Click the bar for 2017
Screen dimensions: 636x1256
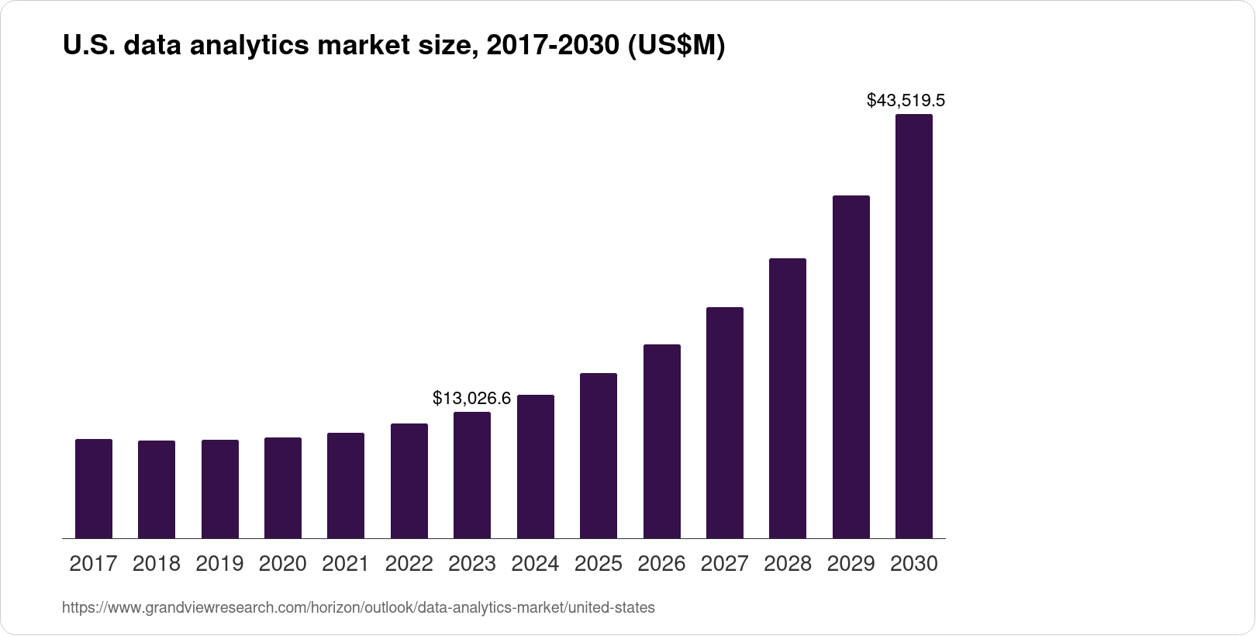click(x=94, y=489)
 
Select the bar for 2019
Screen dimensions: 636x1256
click(x=220, y=489)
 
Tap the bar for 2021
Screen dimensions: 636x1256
click(x=346, y=486)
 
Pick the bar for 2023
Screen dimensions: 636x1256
click(x=472, y=475)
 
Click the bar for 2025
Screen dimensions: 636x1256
click(x=599, y=456)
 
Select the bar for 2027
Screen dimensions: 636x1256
click(x=725, y=423)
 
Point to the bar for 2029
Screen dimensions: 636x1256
click(x=851, y=367)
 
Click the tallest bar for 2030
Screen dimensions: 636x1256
click(x=914, y=326)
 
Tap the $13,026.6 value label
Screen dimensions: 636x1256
click(x=471, y=399)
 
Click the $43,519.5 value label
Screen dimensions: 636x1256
click(x=906, y=101)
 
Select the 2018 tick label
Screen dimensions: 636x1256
click(x=157, y=564)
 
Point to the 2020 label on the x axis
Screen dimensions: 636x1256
click(x=283, y=564)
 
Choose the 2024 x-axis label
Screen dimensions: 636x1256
click(x=535, y=564)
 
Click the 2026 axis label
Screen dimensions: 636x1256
click(x=661, y=564)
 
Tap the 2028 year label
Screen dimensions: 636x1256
click(x=788, y=564)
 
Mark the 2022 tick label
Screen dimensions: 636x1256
click(x=409, y=564)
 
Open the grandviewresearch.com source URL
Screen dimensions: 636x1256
click(x=358, y=608)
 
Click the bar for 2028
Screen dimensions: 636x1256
click(x=788, y=398)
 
